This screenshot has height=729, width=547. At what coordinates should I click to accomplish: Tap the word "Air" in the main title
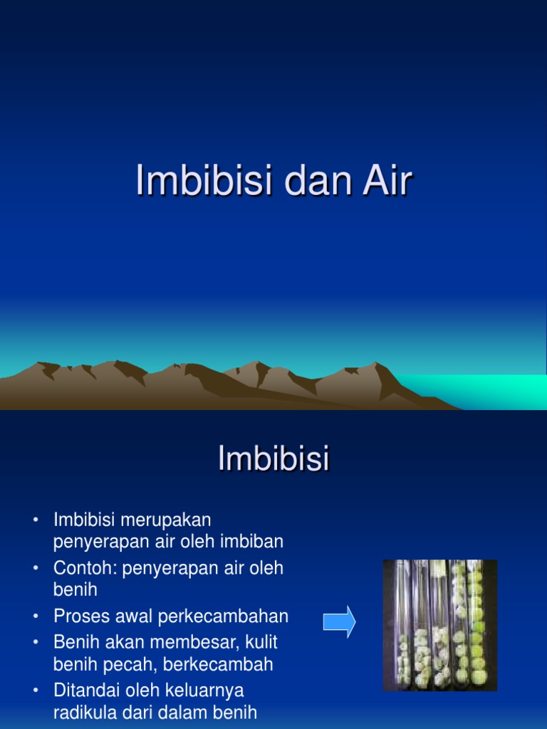pos(385,182)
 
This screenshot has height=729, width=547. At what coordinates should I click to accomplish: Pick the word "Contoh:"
pos(85,568)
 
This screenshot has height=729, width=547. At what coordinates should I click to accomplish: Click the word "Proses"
pos(80,616)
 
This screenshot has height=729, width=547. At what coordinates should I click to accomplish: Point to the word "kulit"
pos(260,642)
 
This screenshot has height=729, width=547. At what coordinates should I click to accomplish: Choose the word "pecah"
pos(124,666)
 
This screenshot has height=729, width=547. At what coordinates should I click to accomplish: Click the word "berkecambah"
pos(217,666)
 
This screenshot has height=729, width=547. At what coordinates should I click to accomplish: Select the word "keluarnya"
pos(209,691)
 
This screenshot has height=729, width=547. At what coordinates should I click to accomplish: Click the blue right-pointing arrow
pos(339,622)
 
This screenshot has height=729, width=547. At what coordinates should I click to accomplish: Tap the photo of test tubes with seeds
pos(440,625)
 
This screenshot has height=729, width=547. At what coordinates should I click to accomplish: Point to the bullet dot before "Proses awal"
pos(36,617)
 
